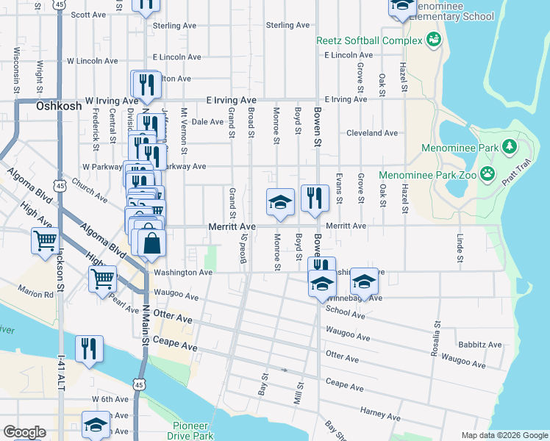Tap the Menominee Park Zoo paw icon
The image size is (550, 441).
click(487, 174)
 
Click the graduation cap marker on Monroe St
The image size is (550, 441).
click(280, 203)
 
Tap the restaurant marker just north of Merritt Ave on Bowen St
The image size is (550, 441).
click(315, 198)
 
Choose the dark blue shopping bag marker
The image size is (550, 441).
click(151, 244)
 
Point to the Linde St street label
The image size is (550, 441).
click(460, 248)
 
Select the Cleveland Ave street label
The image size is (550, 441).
click(373, 133)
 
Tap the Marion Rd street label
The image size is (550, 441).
click(37, 293)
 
